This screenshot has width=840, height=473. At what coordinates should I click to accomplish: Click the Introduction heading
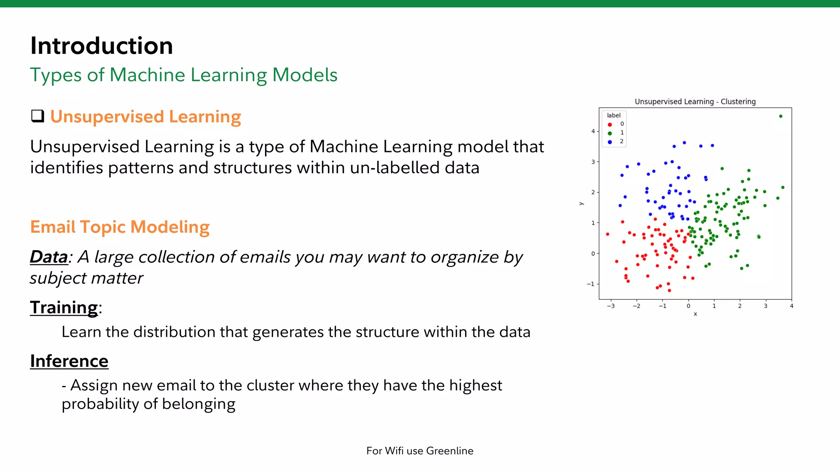tap(101, 46)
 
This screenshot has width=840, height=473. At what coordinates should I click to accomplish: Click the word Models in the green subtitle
tap(305, 75)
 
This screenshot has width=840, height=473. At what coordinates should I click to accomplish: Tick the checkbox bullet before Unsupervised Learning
tap(38, 116)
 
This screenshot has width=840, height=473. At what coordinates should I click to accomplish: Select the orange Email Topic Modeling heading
tap(120, 227)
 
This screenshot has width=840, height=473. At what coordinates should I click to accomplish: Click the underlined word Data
tap(48, 257)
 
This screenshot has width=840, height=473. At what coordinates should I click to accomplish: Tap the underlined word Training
tap(64, 308)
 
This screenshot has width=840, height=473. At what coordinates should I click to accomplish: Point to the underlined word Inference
tap(69, 361)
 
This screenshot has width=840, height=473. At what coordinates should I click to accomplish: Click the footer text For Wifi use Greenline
tap(420, 451)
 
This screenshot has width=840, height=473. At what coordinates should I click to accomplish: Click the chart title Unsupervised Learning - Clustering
tap(695, 101)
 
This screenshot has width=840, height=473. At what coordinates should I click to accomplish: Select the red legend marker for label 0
tap(610, 124)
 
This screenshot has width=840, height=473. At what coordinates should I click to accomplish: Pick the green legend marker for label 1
tap(610, 133)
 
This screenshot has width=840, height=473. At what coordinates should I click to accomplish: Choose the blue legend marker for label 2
tap(610, 142)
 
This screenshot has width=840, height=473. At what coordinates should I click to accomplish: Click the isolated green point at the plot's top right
tap(781, 116)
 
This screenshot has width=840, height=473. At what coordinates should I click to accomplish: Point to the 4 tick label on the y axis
tap(593, 131)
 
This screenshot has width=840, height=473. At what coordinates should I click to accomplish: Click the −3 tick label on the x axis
tap(611, 306)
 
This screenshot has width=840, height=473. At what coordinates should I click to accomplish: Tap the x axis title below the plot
tap(695, 314)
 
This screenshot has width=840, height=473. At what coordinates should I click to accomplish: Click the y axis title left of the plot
tap(581, 204)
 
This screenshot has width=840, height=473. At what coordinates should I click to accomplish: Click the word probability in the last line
tap(100, 404)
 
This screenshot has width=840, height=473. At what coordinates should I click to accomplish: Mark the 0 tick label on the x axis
tap(688, 306)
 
